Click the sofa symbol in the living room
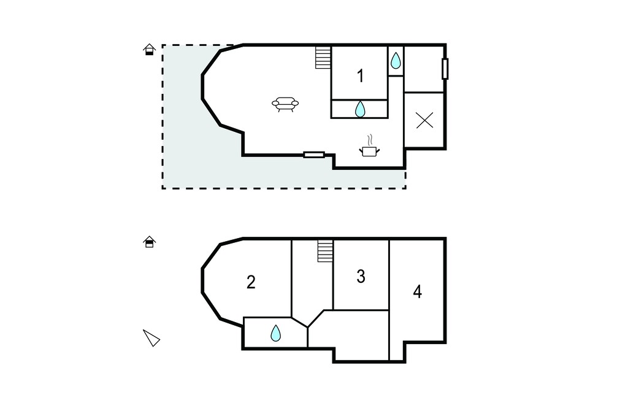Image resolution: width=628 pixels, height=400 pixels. tap(285, 104)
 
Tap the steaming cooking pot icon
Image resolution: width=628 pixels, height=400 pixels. tap(369, 146)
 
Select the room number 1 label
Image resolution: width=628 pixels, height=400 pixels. tap(361, 75)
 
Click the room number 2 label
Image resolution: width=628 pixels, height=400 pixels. tap(251, 282)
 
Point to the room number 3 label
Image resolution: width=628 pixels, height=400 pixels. tap(361, 277)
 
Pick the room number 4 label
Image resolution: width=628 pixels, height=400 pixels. tap(417, 292)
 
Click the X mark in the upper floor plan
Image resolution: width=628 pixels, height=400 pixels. tap(424, 120)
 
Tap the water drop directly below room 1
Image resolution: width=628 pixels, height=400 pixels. tap(360, 109)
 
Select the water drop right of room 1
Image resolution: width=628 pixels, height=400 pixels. tap(396, 61)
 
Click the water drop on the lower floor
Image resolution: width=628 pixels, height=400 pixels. tap(275, 333)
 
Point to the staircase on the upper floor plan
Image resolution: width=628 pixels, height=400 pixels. tap(323, 58)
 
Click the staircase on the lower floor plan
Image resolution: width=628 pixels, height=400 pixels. tap(325, 251)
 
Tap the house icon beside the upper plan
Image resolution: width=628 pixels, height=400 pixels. tap(150, 49)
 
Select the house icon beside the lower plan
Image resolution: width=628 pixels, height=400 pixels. tap(150, 242)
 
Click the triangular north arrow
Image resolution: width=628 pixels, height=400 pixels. tap(151, 338)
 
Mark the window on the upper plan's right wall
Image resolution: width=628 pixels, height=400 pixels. tap(445, 69)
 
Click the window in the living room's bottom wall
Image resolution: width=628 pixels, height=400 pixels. tap(314, 155)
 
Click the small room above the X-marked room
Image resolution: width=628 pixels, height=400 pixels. tap(424, 69)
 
